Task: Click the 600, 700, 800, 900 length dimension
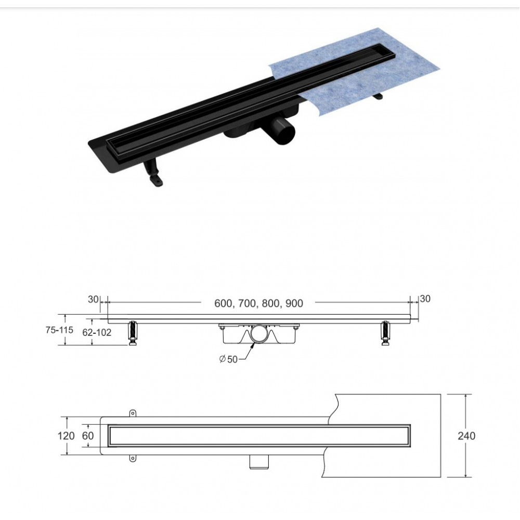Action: [x=258, y=304]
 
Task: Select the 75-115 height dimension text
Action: [x=59, y=330]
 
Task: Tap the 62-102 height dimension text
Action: [x=97, y=332]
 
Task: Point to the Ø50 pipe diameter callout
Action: [x=228, y=359]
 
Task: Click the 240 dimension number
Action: [x=466, y=436]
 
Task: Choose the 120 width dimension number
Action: [x=66, y=436]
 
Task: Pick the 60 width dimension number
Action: [x=88, y=436]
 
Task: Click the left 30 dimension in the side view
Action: [x=93, y=299]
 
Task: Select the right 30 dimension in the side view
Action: [x=425, y=299]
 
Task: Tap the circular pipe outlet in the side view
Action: [x=259, y=334]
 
